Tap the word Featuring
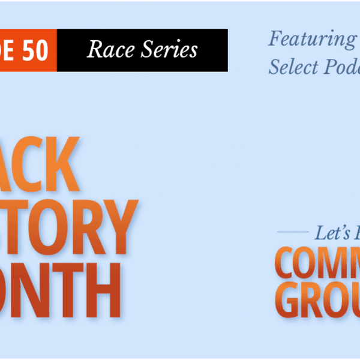(x=311, y=39)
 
